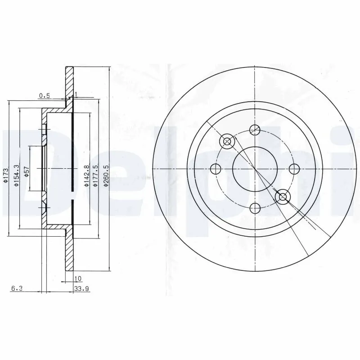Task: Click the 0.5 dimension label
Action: [44, 95]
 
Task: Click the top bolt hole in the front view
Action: [255, 129]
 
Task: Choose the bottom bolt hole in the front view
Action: [255, 208]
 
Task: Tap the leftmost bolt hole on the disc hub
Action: [215, 169]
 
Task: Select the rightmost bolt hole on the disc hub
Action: [294, 169]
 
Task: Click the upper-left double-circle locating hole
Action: [227, 142]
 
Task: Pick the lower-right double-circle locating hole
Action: [283, 197]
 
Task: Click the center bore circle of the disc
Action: [255, 169]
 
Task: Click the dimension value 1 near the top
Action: [76, 94]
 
